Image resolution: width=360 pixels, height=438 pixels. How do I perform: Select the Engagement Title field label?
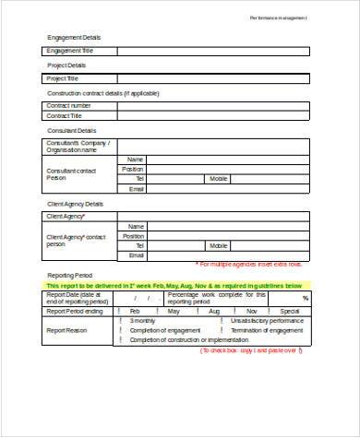70,51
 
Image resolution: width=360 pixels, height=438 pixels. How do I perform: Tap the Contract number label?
69,106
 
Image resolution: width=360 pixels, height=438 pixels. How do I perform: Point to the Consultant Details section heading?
72,131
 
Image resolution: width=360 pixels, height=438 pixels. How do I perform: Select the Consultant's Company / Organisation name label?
78,147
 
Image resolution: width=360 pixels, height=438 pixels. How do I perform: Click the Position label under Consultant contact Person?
133,169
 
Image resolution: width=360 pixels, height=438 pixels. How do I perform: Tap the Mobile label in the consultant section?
219,179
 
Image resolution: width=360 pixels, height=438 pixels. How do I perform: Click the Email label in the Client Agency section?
136,255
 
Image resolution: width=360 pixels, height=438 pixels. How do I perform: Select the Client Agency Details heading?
75,204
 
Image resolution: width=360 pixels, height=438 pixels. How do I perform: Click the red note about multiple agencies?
262,265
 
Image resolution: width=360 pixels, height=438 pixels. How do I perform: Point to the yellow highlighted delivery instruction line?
174,286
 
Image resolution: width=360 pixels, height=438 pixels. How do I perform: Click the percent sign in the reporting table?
305,299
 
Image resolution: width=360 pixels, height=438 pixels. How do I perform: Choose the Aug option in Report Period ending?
214,312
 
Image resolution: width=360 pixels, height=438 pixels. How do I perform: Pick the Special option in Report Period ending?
290,312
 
